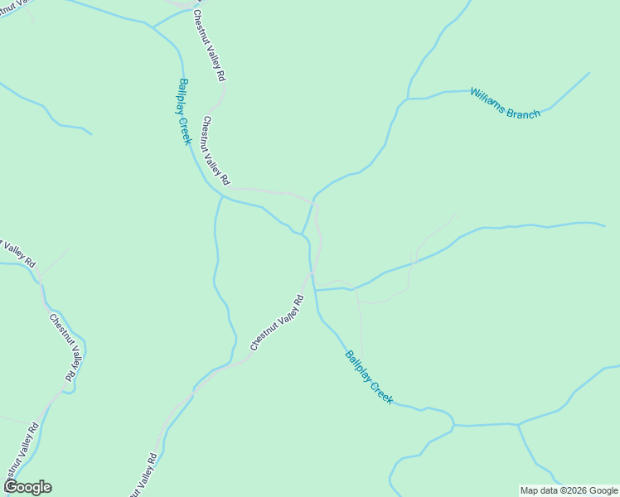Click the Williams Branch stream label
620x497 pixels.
click(x=505, y=104)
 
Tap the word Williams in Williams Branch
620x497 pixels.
click(x=487, y=97)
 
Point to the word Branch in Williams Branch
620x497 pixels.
click(x=525, y=111)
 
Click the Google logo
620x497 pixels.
click(x=27, y=487)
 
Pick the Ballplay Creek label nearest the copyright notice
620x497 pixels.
click(x=369, y=377)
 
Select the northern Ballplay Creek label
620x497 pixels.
click(x=184, y=111)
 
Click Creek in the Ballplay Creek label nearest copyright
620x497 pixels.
click(x=381, y=391)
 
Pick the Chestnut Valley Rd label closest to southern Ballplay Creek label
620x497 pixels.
click(x=277, y=323)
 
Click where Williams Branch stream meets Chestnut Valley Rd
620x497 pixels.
click(x=312, y=202)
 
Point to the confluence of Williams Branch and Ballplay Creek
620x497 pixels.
click(x=303, y=234)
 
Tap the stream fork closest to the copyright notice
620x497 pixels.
click(x=518, y=425)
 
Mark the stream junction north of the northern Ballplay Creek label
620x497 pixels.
click(x=153, y=27)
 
